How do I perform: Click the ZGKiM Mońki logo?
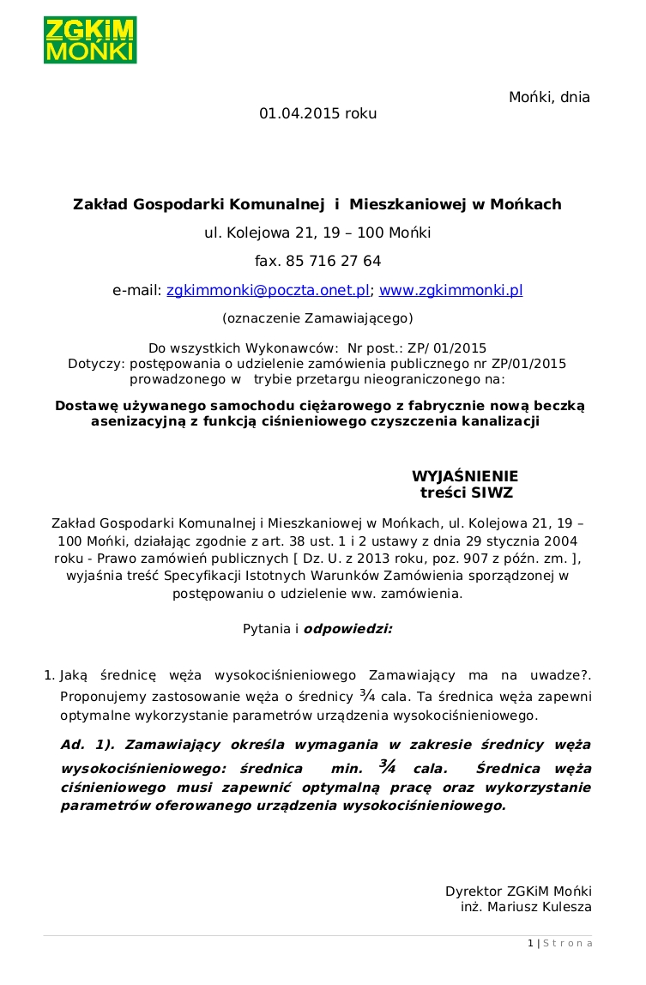coord(90,40)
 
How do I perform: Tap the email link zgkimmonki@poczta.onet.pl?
coord(268,290)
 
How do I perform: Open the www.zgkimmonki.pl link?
coord(450,290)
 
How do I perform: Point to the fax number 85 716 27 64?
coord(336,261)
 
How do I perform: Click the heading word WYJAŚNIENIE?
coord(465,477)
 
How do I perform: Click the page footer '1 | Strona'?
coord(559,944)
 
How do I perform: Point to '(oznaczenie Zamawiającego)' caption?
coord(317,318)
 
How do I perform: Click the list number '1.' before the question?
coord(50,675)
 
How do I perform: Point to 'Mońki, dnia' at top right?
coord(549,97)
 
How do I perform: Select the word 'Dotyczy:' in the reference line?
coord(96,363)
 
